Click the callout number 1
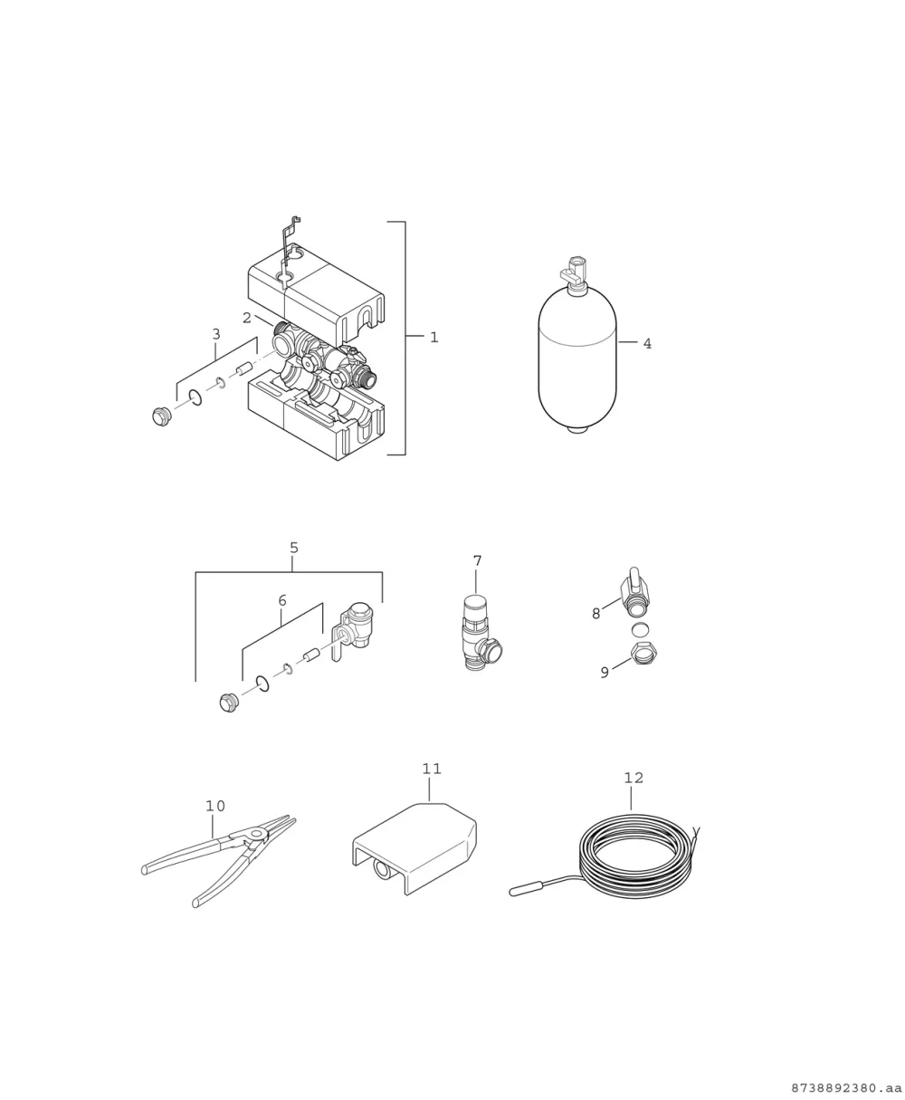[433, 338]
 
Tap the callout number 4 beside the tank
[647, 344]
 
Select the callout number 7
[478, 561]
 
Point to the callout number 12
[633, 779]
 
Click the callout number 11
[432, 769]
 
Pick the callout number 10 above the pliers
[215, 807]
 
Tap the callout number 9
[605, 673]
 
